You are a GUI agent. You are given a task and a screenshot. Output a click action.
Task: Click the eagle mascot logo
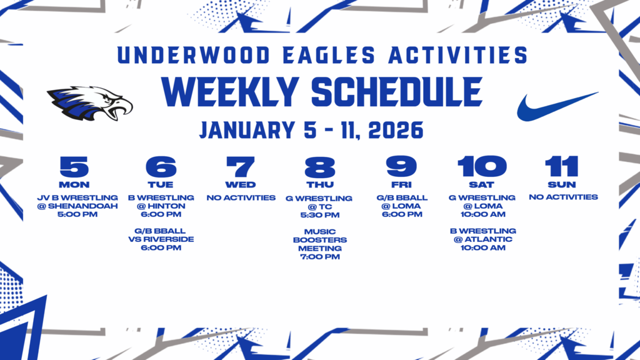coord(90,103)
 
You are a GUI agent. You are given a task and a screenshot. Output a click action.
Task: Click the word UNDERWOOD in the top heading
coord(194,55)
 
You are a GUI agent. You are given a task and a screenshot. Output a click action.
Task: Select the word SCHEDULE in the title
coord(397,92)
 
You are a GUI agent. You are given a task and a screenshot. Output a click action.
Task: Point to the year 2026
coord(396,130)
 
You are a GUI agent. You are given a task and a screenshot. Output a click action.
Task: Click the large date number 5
coord(74,166)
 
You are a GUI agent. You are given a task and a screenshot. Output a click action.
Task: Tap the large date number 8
coord(319,166)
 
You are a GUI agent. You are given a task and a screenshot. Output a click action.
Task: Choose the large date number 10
coord(482,166)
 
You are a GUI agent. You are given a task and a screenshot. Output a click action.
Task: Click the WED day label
coord(241,185)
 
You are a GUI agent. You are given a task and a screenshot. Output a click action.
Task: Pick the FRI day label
coord(401,185)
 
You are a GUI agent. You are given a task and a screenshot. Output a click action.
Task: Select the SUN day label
coord(562,185)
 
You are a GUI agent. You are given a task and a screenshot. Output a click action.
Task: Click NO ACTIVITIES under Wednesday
coord(241,198)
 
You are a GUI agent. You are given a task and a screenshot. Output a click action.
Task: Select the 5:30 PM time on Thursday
coord(319,215)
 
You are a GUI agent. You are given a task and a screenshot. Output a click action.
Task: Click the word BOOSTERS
coord(320,240)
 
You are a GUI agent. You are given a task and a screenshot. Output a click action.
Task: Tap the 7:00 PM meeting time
coord(319,257)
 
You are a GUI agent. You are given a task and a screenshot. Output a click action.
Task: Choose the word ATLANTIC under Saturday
coord(489,239)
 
